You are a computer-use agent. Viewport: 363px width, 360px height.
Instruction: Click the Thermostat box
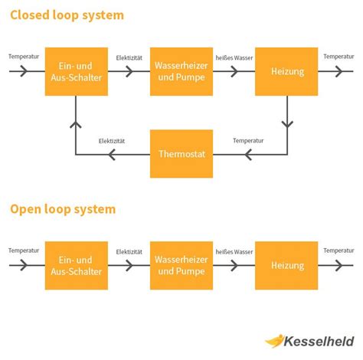click(181, 154)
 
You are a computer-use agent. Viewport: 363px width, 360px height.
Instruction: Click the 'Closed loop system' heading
click(67, 15)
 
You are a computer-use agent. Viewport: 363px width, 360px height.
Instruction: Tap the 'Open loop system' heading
click(63, 209)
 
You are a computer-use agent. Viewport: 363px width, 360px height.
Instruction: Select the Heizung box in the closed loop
click(286, 71)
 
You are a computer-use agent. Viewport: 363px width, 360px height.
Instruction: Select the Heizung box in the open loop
click(286, 265)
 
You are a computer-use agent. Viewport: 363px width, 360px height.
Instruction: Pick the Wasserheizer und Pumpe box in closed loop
click(181, 71)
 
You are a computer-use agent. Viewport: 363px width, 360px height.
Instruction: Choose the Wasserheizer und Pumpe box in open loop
click(181, 265)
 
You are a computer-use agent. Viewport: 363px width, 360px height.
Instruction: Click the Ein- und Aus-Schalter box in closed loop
click(76, 71)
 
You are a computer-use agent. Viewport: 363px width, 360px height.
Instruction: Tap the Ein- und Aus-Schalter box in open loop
click(76, 265)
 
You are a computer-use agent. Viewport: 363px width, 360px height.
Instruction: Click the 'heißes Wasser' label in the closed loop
click(234, 57)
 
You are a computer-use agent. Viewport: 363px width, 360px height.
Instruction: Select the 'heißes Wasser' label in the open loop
click(234, 251)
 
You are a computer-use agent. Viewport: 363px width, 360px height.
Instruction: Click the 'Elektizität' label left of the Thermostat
click(112, 141)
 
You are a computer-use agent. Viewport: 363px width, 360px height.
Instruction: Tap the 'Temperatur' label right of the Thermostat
click(248, 141)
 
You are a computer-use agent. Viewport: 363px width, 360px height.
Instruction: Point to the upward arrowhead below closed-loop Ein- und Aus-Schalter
click(76, 123)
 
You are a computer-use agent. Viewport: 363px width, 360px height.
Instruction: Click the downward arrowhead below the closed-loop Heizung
click(286, 123)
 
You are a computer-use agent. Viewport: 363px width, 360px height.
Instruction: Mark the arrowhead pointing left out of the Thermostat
click(113, 155)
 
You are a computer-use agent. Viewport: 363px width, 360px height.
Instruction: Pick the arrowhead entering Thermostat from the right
click(248, 155)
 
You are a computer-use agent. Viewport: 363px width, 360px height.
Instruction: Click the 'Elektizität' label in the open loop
click(129, 251)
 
